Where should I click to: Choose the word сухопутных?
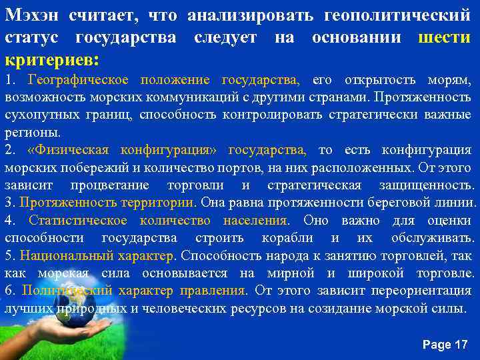point(35,115)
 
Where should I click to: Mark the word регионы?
point(27,131)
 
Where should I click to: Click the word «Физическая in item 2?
point(59,149)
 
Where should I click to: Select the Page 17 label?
point(445,344)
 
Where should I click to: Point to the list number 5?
point(9,255)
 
